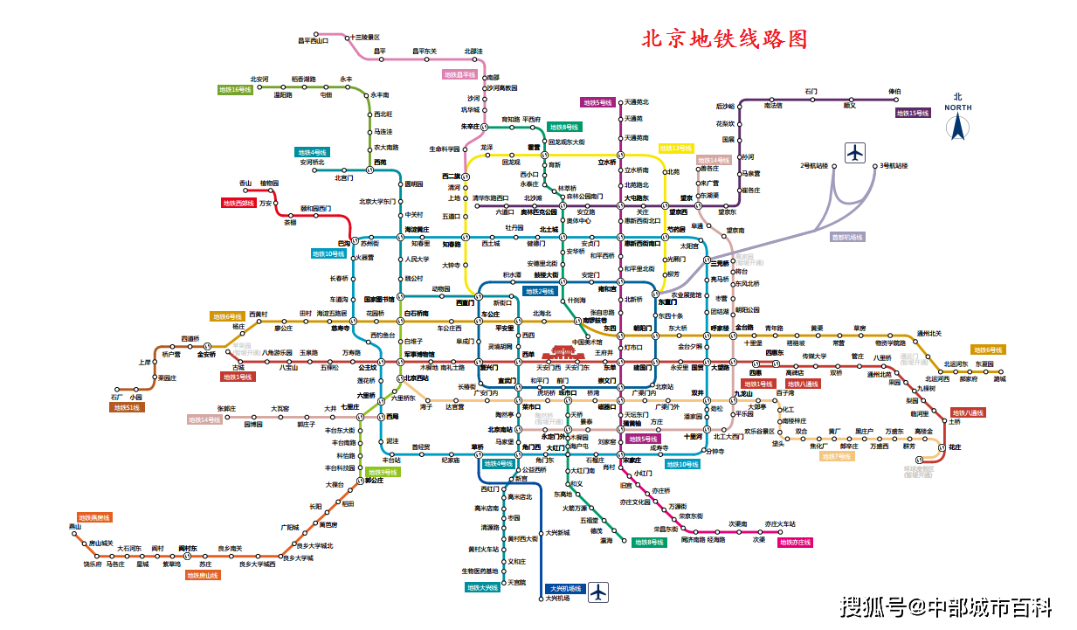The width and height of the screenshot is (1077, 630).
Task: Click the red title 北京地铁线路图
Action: [724, 39]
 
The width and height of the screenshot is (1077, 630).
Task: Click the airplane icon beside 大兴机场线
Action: [598, 592]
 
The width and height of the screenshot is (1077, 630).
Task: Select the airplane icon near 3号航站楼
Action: [854, 153]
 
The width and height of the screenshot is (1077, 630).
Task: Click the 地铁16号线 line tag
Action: [235, 89]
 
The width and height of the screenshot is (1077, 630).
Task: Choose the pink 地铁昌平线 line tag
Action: [459, 75]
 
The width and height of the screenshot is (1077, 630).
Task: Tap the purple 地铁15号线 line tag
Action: [913, 113]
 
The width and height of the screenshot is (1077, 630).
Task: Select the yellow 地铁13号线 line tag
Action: [676, 149]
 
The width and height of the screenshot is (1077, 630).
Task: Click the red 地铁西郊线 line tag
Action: [238, 203]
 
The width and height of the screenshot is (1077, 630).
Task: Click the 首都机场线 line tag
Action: [846, 237]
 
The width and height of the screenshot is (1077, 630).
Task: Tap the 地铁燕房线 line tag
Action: [94, 517]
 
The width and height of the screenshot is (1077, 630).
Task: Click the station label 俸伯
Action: [894, 91]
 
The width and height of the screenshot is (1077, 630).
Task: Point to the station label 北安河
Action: [259, 79]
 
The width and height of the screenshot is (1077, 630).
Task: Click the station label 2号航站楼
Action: [812, 165]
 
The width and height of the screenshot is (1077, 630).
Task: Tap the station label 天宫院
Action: [517, 583]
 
